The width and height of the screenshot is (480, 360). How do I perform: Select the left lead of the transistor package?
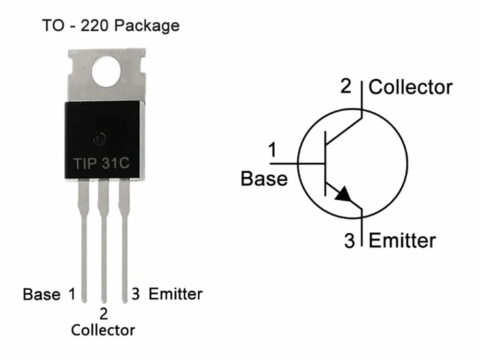pos(84,240)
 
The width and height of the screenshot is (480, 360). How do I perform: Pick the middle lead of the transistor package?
pos(103,240)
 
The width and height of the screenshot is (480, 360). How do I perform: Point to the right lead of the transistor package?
pos(124,240)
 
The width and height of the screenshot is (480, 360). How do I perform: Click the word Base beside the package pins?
pos(42,294)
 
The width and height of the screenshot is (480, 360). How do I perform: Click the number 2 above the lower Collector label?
pos(103,314)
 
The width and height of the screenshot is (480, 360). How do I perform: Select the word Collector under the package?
pos(103,330)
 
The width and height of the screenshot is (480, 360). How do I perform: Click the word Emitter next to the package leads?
pos(176,294)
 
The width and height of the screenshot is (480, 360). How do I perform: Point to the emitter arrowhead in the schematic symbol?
pos(343,194)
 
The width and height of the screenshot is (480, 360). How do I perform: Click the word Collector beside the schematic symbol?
pos(410,88)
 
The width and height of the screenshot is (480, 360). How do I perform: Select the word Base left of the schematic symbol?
pos(264,179)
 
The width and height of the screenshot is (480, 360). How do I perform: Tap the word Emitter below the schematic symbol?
pos(402,240)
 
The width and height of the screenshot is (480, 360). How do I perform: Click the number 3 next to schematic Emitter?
pos(349,240)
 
